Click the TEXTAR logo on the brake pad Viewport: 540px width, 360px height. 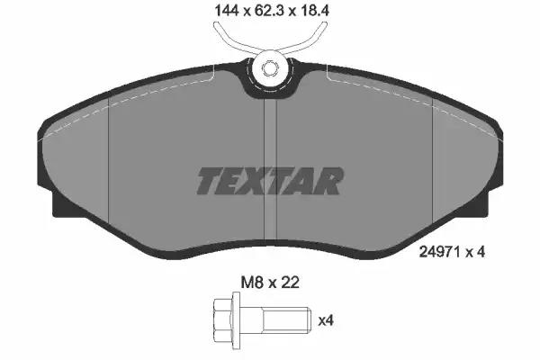pyautogui.click(x=270, y=181)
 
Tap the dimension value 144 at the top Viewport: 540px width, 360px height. pyautogui.click(x=227, y=11)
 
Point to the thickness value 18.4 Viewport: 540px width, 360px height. pyautogui.click(x=315, y=11)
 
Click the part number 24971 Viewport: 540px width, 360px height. pyautogui.click(x=440, y=252)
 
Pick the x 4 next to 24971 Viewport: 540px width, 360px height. pyautogui.click(x=475, y=252)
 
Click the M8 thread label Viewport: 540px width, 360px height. pyautogui.click(x=252, y=283)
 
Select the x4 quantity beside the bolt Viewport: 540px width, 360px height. pyautogui.click(x=326, y=321)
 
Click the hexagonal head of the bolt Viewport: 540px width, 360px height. pyautogui.click(x=223, y=320)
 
